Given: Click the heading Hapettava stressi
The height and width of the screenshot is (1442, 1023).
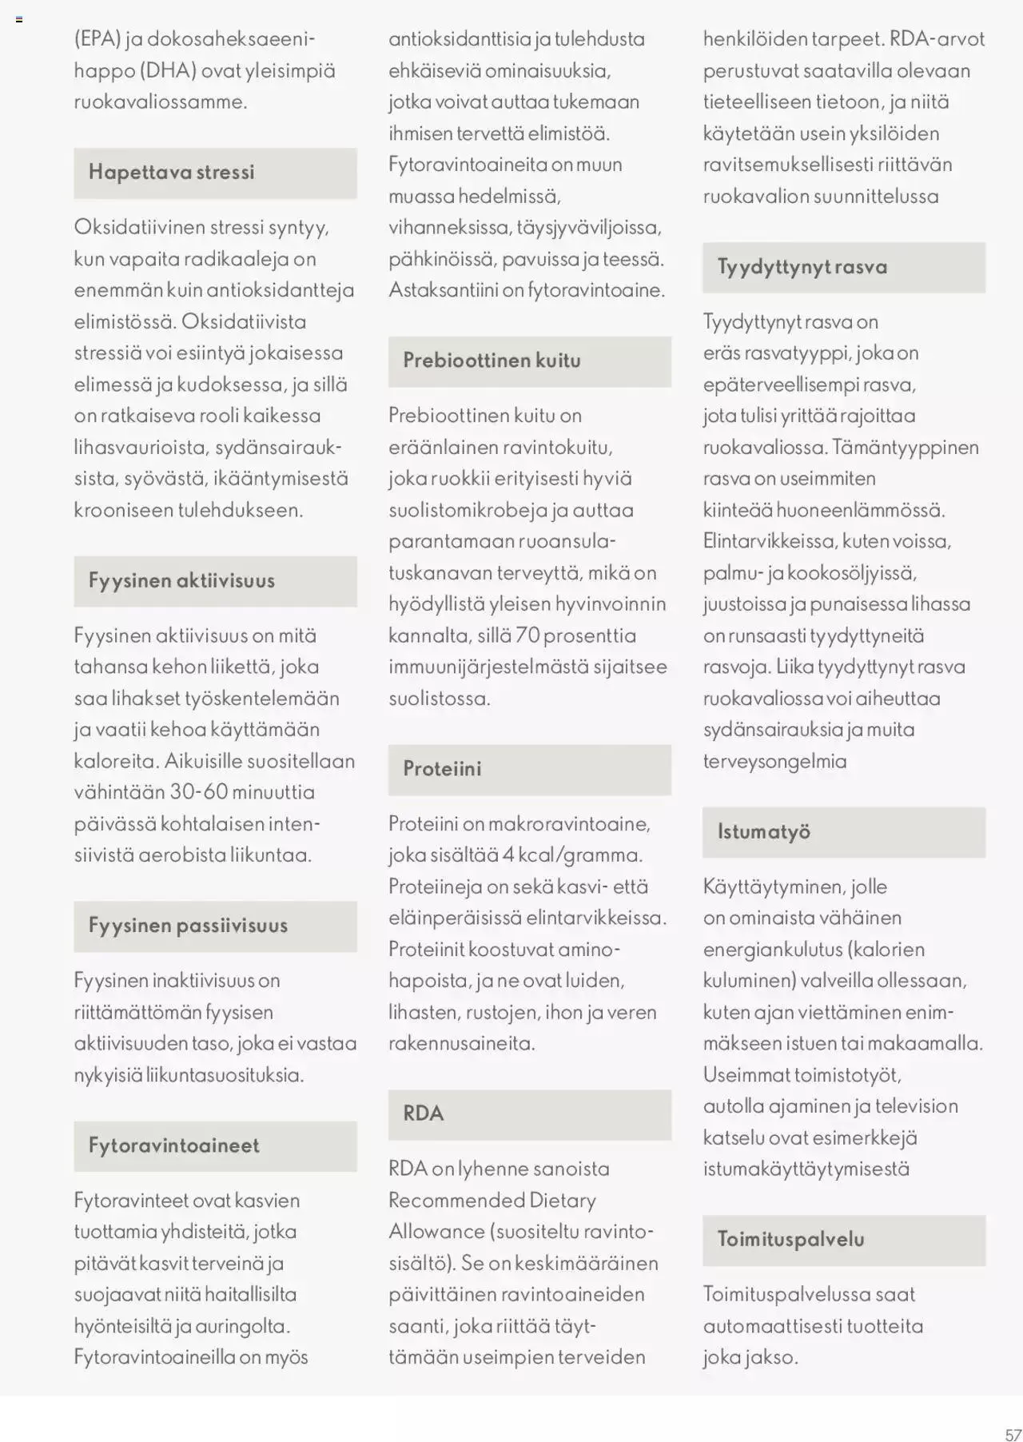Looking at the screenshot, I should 171,173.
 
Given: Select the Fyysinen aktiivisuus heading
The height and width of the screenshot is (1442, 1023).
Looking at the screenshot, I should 181,581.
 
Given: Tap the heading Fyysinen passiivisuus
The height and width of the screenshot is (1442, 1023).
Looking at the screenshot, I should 188,926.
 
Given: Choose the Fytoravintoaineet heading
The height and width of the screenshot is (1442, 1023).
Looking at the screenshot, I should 173,1145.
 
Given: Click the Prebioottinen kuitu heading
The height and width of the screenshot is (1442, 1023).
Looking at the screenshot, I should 492,360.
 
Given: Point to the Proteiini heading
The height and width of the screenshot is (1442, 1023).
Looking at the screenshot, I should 442,769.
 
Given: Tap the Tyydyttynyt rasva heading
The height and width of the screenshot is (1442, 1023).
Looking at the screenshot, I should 802,267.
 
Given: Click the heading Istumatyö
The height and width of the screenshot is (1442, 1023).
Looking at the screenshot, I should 763,832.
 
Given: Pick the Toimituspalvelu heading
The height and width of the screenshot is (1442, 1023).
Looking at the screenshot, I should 790,1240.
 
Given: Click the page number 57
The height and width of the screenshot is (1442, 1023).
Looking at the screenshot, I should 1013,1435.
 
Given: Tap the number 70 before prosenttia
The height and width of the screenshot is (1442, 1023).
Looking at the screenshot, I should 528,636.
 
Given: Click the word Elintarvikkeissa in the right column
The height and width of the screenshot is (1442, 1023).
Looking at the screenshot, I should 768,541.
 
